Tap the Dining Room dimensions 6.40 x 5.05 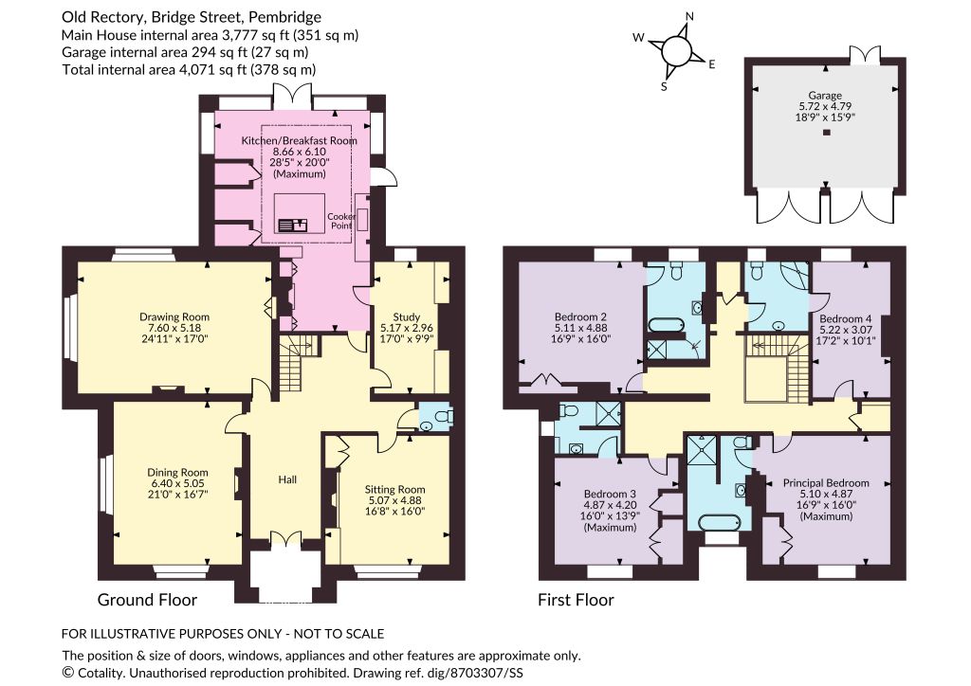point(177,483)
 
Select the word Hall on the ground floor point(287,479)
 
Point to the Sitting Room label point(394,489)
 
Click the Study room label point(406,317)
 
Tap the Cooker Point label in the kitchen point(341,221)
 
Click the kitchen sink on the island point(293,224)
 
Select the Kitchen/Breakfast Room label point(299,140)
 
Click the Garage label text point(825,96)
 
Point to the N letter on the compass point(689,17)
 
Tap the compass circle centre point(676,50)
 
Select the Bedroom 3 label point(610,495)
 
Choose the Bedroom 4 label point(845,319)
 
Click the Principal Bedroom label point(826,483)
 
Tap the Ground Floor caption point(147,600)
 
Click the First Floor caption point(576,600)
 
